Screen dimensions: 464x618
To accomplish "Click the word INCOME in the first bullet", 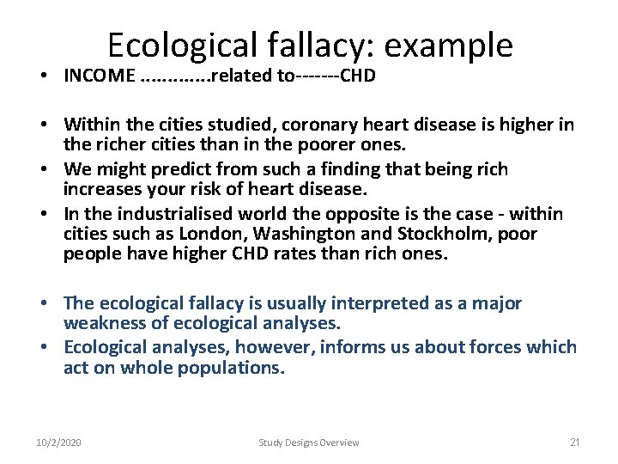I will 97,76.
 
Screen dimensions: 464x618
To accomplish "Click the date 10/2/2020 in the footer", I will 58,443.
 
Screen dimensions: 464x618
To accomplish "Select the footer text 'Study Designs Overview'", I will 309,443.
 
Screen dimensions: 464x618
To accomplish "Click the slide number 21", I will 575,443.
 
